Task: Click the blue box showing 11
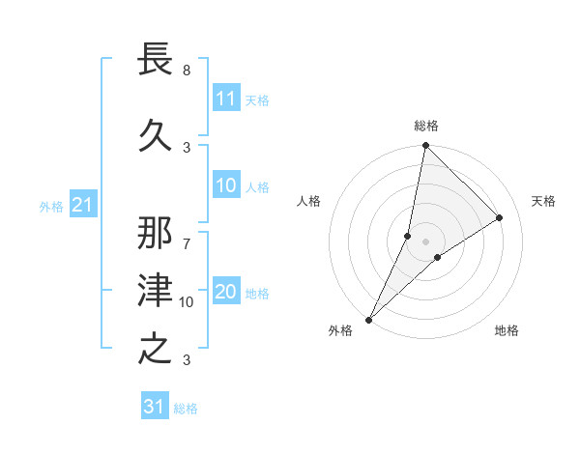coord(225,99)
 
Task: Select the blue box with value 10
coord(225,186)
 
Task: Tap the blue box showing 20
coord(225,293)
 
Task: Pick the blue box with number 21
coord(82,205)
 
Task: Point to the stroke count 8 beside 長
coord(186,71)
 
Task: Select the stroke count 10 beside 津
coord(187,302)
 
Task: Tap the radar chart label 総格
coord(425,127)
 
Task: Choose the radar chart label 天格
coord(543,201)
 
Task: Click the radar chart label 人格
coord(308,201)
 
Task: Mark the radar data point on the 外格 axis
coord(368,319)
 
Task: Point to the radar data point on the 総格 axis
coord(425,145)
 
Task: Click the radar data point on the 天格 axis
coord(500,217)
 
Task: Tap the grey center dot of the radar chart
coord(425,241)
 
